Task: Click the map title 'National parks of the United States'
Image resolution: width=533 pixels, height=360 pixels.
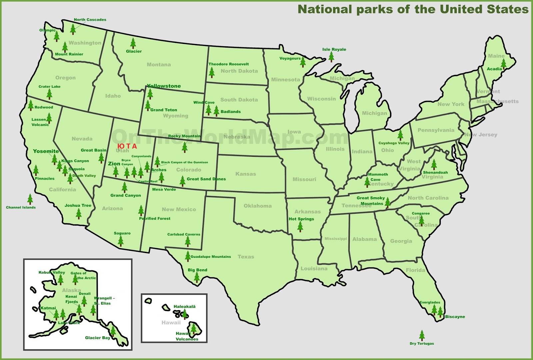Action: pyautogui.click(x=413, y=9)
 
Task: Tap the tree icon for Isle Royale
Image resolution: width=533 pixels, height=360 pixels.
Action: pyautogui.click(x=331, y=57)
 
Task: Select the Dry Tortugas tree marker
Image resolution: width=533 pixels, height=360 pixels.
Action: pyautogui.click(x=422, y=335)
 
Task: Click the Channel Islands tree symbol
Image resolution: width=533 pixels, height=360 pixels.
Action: pyautogui.click(x=30, y=199)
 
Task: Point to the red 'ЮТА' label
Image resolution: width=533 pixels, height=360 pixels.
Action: pyautogui.click(x=127, y=146)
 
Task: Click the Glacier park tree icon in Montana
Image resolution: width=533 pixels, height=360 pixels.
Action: pyautogui.click(x=133, y=43)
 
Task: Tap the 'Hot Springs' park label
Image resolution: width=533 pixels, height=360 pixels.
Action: pyautogui.click(x=301, y=219)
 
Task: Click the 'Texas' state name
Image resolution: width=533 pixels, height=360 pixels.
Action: pyautogui.click(x=246, y=257)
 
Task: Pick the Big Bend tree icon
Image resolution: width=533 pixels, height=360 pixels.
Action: pyautogui.click(x=197, y=277)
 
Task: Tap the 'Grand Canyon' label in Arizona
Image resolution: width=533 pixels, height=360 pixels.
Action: pyautogui.click(x=126, y=195)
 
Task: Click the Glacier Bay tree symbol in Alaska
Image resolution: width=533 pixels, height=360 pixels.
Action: pyautogui.click(x=113, y=331)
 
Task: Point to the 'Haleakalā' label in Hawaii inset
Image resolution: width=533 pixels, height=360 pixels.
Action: pyautogui.click(x=185, y=306)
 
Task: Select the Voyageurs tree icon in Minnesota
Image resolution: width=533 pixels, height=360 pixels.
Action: pyautogui.click(x=303, y=62)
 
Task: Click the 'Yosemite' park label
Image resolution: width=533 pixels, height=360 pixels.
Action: pyautogui.click(x=46, y=151)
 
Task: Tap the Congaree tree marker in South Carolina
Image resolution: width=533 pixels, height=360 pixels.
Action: pyautogui.click(x=422, y=220)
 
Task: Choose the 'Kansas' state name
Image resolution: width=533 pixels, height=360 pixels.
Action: pyautogui.click(x=246, y=174)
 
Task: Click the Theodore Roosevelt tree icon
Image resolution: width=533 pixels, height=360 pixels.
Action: pyautogui.click(x=212, y=72)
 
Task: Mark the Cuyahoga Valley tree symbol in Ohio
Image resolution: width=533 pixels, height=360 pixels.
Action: pyautogui.click(x=400, y=135)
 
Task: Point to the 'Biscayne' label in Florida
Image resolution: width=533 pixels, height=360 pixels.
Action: pyautogui.click(x=455, y=317)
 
